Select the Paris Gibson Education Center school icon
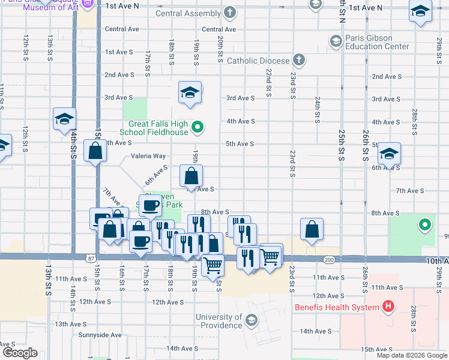pyautogui.click(x=335, y=41)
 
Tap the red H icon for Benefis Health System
pyautogui.click(x=388, y=307)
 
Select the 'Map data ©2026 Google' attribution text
pyautogui.click(x=411, y=355)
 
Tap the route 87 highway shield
pyautogui.click(x=91, y=258)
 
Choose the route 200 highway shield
pyautogui.click(x=328, y=259)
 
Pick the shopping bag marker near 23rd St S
pyautogui.click(x=312, y=230)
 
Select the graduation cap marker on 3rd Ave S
pyautogui.click(x=190, y=93)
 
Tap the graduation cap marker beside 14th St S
pyautogui.click(x=64, y=119)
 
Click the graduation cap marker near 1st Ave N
pyautogui.click(x=420, y=11)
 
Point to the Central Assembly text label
pyautogui.click(x=188, y=14)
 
